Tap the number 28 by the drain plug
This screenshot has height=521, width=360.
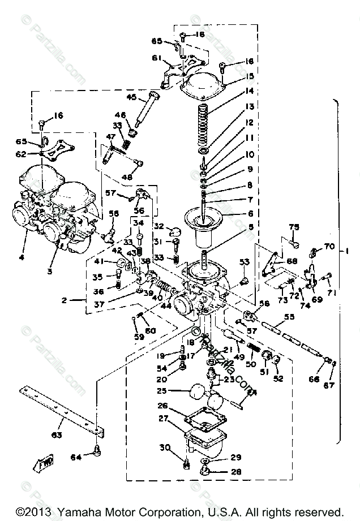coord(235,471)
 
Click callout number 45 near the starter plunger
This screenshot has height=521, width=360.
coord(132,97)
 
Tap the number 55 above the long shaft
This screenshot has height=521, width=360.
coord(289,317)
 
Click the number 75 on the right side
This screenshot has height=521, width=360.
coord(293,228)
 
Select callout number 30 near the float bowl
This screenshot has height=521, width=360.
coord(164,448)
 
